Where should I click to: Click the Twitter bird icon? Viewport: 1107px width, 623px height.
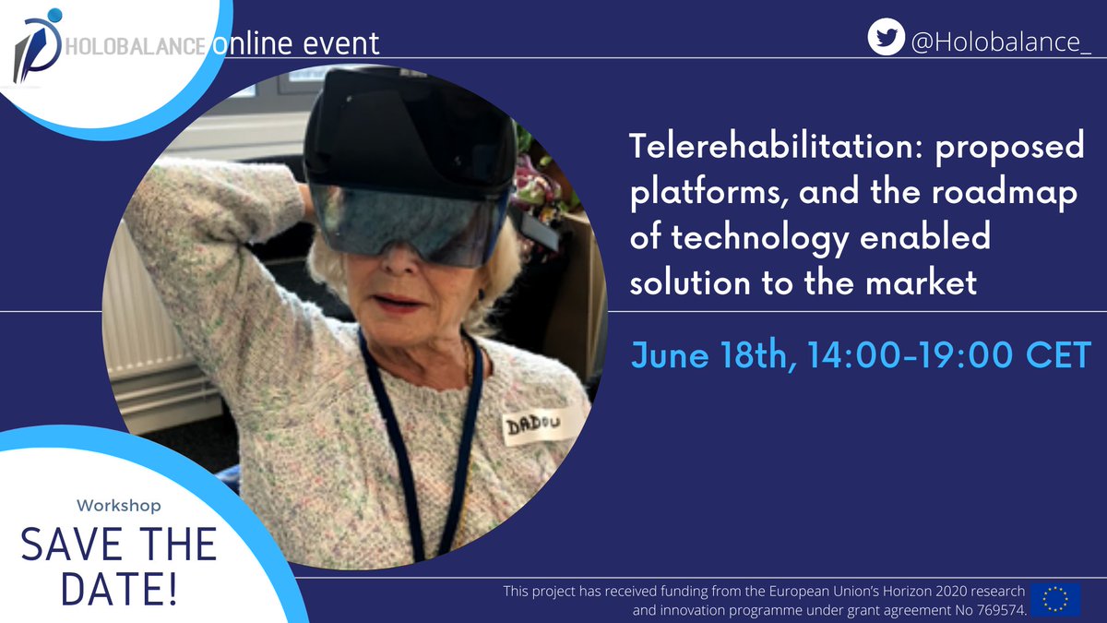pos(886,38)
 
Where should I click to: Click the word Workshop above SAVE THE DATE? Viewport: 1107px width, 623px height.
pos(118,506)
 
